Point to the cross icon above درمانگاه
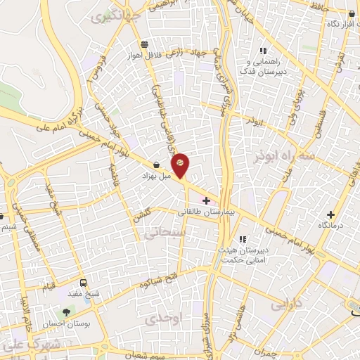[x=331, y=214]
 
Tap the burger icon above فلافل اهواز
[x=144, y=44]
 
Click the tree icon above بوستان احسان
[x=67, y=311]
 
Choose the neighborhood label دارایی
[x=285, y=304]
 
